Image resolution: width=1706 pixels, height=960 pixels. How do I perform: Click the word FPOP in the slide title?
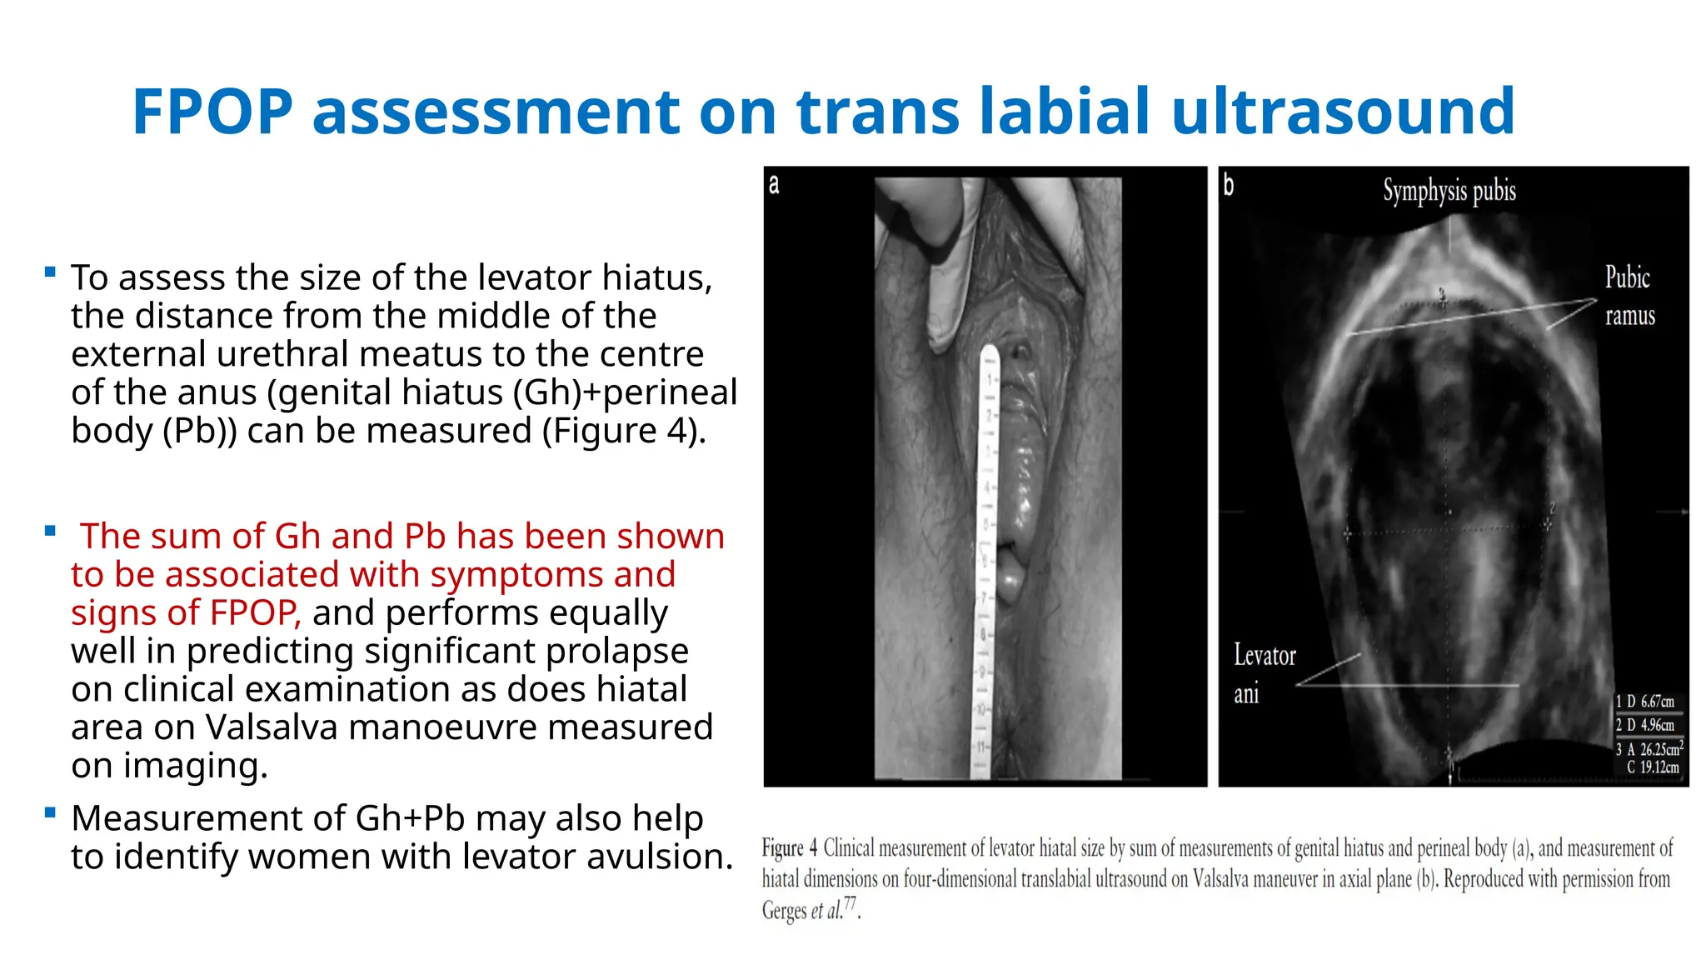pyautogui.click(x=212, y=112)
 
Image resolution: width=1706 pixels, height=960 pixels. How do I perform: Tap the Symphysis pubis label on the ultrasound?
pyautogui.click(x=1449, y=191)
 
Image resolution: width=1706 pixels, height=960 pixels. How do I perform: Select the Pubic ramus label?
pyautogui.click(x=1629, y=296)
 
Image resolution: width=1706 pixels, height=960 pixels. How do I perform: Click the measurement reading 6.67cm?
pyautogui.click(x=1657, y=702)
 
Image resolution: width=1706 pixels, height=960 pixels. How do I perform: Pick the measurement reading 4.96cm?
pyautogui.click(x=1657, y=725)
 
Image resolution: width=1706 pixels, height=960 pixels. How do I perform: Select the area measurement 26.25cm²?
pyautogui.click(x=1661, y=748)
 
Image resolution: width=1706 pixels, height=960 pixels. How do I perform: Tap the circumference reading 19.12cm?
pyautogui.click(x=1659, y=767)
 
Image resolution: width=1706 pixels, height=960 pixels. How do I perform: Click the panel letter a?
pyautogui.click(x=774, y=184)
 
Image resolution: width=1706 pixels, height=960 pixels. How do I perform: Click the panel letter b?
pyautogui.click(x=1228, y=184)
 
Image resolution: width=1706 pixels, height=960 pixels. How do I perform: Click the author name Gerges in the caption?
pyautogui.click(x=783, y=910)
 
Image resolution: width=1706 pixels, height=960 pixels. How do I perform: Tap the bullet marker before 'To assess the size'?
pyautogui.click(x=51, y=272)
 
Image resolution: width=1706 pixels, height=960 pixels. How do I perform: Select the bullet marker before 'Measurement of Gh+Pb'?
pyautogui.click(x=51, y=812)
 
